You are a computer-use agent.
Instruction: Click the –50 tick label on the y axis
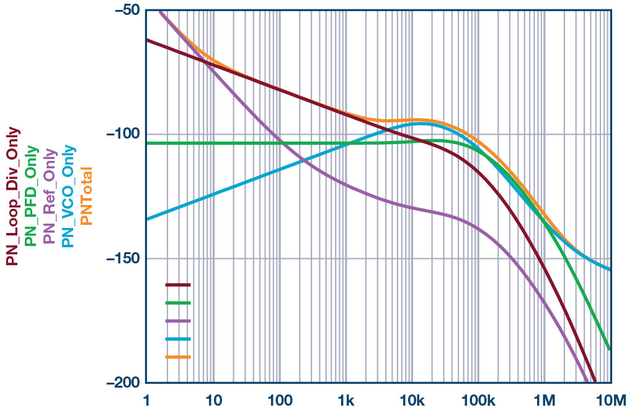coord(127,11)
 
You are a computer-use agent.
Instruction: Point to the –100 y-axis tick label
coord(123,134)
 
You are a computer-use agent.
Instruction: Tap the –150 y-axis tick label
coord(123,258)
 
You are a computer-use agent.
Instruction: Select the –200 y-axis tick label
coord(123,383)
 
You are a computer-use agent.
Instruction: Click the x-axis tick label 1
coord(147,399)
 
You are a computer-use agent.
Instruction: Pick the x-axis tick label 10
coord(213,399)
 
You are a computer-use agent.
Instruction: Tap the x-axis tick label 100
coord(280,399)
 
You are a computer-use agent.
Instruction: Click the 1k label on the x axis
coord(346,399)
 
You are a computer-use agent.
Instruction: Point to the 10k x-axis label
coord(412,399)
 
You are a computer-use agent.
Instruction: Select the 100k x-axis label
coord(479,399)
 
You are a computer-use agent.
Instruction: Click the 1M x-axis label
coord(545,399)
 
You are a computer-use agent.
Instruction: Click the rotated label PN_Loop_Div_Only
coord(12,196)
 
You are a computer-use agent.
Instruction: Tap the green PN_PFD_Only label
coord(31,196)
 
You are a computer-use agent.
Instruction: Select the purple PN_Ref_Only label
coord(50,196)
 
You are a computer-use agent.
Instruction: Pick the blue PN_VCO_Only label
coord(68,196)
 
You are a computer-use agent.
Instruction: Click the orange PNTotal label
coord(87,196)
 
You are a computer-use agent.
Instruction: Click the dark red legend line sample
coord(178,285)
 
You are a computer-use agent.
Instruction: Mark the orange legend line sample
coord(178,357)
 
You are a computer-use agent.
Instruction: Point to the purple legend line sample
coord(178,321)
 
